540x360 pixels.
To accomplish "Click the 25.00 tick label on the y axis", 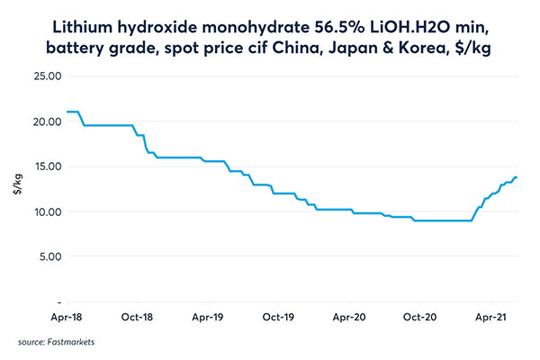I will [x=45, y=76].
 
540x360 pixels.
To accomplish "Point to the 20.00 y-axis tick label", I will [x=45, y=121].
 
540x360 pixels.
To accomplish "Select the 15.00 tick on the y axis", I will [x=45, y=166].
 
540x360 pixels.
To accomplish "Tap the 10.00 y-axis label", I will [x=45, y=211].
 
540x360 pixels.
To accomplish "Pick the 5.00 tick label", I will [x=47, y=256].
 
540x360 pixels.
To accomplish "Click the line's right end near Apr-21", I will [x=517, y=177].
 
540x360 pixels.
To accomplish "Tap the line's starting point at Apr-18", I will [x=67, y=112].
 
